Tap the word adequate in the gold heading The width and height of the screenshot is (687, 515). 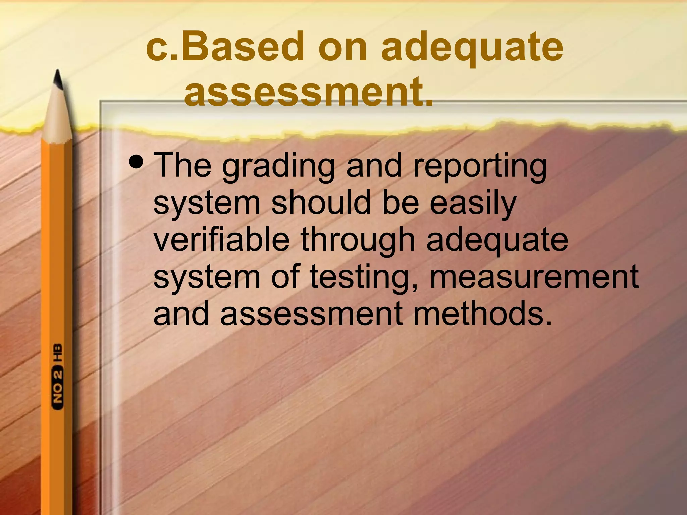coord(472,49)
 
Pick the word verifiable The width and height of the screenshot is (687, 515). coord(221,239)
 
